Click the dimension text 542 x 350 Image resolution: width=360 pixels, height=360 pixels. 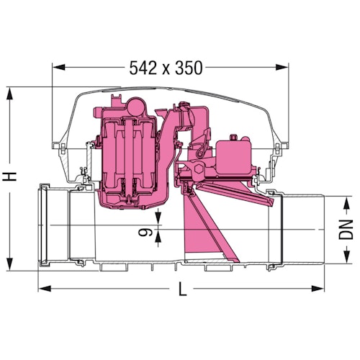166,68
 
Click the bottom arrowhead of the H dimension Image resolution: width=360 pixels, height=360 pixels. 11,264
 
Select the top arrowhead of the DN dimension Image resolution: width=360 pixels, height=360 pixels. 348,197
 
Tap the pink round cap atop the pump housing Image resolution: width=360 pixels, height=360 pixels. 135,106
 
